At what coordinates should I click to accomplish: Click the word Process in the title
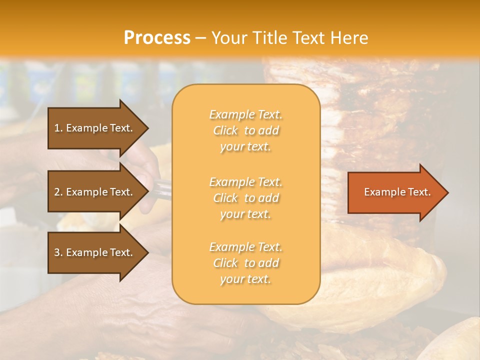pos(157,38)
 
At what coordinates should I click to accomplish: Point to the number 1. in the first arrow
pos(58,128)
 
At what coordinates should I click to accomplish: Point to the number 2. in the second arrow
pos(58,192)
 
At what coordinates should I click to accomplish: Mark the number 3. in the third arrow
pos(58,252)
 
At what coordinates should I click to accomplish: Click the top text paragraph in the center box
pos(246,130)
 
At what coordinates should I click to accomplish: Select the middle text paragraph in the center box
pos(246,198)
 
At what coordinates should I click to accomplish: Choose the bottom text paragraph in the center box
pos(246,263)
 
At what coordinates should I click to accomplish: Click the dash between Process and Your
pos(201,38)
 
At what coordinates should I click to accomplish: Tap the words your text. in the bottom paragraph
pos(245,279)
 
